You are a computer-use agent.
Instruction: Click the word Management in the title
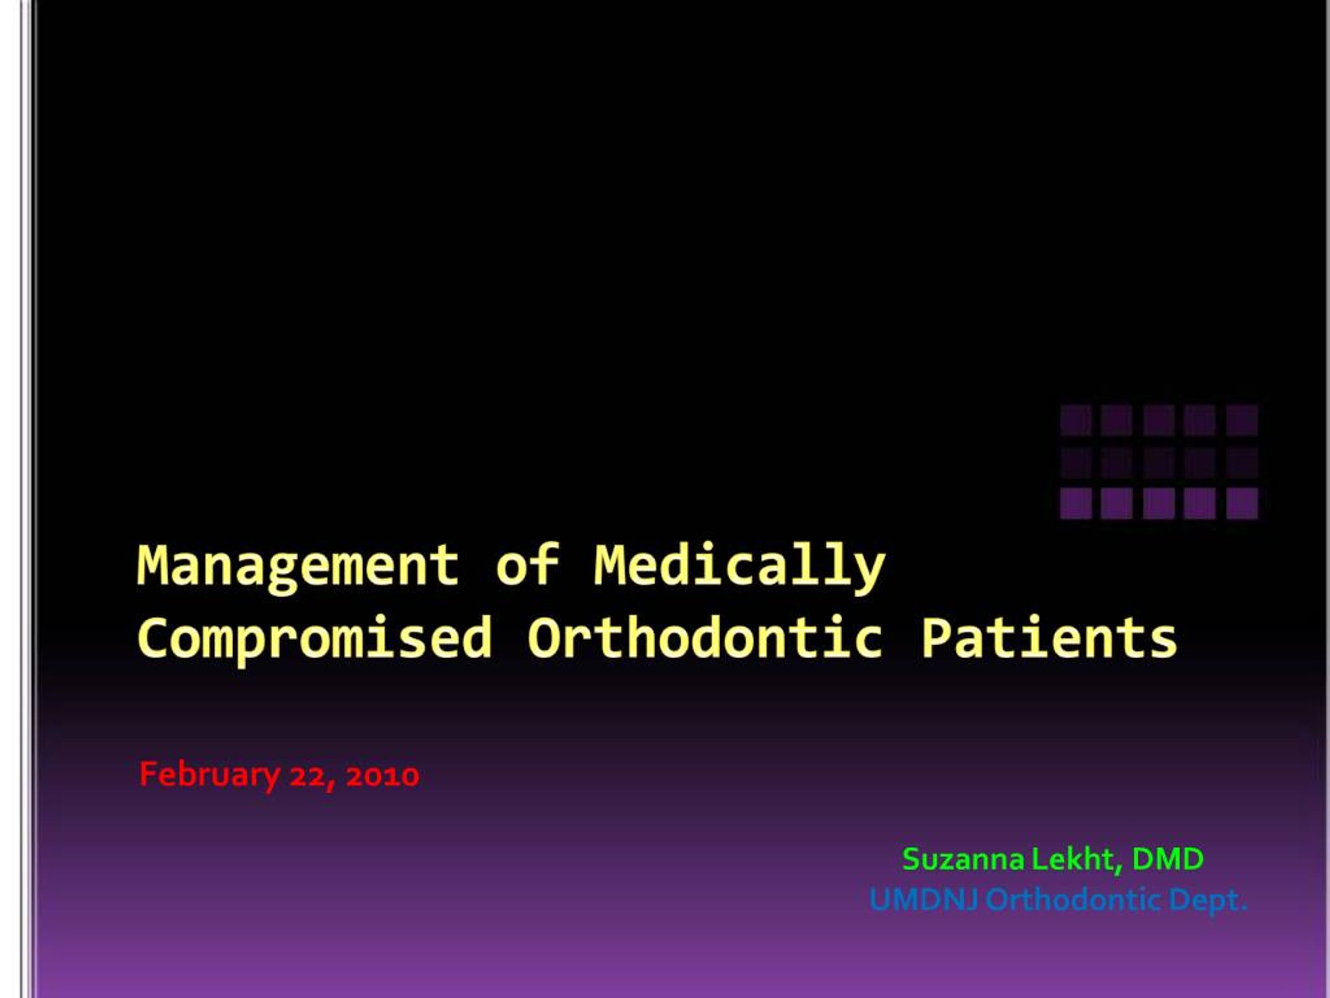tap(298, 566)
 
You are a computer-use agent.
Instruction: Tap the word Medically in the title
tap(740, 566)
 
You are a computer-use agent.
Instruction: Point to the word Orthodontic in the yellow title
tap(704, 638)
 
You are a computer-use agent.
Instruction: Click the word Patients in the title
tap(1049, 638)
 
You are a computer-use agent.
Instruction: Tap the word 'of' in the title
tap(527, 566)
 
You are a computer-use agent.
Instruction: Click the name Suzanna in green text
tap(963, 859)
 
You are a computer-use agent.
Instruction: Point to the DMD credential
tap(1168, 859)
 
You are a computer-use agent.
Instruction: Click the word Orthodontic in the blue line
tap(1073, 901)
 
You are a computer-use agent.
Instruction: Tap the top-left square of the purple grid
tap(1075, 420)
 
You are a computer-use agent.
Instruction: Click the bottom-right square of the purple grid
tap(1242, 503)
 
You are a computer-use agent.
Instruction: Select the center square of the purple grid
tap(1159, 462)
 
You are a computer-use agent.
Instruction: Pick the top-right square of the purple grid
tap(1242, 420)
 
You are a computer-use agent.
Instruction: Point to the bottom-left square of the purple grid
tap(1075, 503)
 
